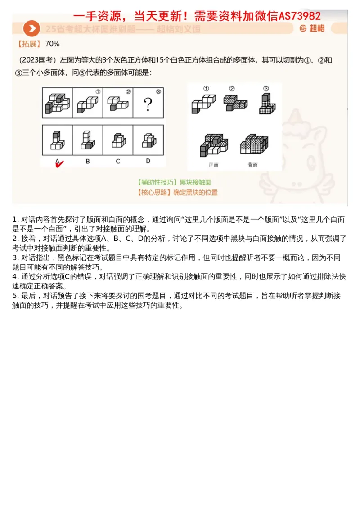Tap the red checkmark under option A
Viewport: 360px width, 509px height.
[58, 164]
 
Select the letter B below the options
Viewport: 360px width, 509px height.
[88, 161]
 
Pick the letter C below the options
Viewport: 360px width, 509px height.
[118, 161]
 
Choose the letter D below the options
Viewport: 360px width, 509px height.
[148, 161]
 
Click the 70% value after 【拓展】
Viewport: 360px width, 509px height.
[53, 44]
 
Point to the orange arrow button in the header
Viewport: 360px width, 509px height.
[31, 28]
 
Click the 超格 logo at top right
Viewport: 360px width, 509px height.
[312, 28]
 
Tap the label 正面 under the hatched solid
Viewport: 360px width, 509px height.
[213, 165]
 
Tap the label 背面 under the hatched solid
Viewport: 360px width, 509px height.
[252, 165]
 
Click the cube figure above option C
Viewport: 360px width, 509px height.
[118, 140]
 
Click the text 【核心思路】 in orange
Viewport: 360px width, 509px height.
[154, 193]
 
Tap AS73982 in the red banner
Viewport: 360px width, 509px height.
[300, 16]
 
